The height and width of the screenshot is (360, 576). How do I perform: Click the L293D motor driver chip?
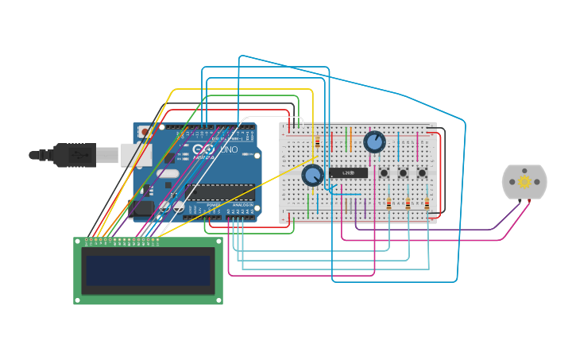click(x=348, y=172)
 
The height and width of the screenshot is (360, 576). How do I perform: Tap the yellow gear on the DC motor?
click(x=524, y=182)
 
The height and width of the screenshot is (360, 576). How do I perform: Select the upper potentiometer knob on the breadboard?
click(x=374, y=141)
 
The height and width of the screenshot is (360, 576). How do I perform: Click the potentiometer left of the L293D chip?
click(x=313, y=176)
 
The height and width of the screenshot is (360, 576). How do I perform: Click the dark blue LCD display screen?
click(x=149, y=271)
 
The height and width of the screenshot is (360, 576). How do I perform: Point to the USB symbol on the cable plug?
click(x=76, y=154)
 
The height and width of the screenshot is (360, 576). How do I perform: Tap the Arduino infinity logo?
click(x=203, y=150)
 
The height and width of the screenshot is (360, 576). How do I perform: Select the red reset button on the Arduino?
click(x=145, y=132)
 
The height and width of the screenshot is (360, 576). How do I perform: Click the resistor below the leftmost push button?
click(x=389, y=203)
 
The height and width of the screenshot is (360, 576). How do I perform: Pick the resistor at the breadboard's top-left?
click(x=317, y=141)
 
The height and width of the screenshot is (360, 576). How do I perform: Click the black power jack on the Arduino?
click(x=143, y=207)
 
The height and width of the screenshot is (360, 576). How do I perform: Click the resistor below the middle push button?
click(x=408, y=203)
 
